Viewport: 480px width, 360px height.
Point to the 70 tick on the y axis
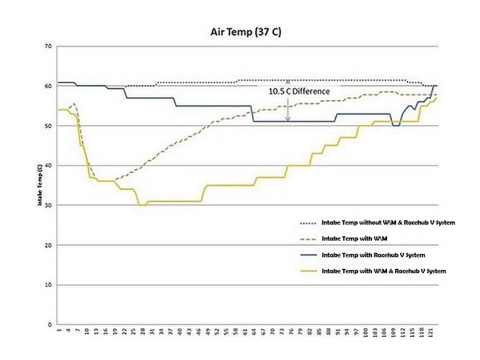coord(48,46)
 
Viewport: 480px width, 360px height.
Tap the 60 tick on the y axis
coord(48,86)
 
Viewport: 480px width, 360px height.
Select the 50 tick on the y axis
coord(48,126)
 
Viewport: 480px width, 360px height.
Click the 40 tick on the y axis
coord(48,166)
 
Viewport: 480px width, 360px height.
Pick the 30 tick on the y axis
coord(48,205)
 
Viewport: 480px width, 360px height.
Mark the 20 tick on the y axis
coord(48,245)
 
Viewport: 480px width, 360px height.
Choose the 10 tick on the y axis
coord(48,284)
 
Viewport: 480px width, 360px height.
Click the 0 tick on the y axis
coord(49,325)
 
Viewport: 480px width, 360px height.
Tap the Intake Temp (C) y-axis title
coord(40,186)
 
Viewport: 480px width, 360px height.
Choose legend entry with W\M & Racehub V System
coord(384,271)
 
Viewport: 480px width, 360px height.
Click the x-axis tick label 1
coord(59,332)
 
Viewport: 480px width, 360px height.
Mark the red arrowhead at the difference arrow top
coord(288,82)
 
